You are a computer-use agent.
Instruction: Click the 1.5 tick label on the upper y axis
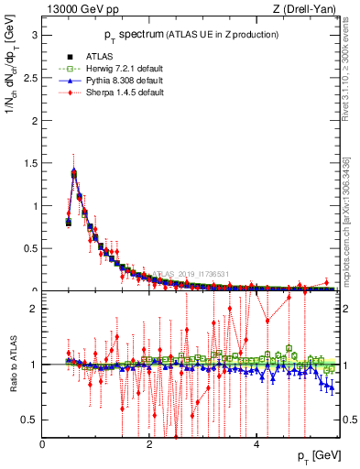tap(29, 163)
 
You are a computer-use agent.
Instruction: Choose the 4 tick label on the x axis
tap(256, 444)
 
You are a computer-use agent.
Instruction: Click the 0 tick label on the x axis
tap(42, 444)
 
